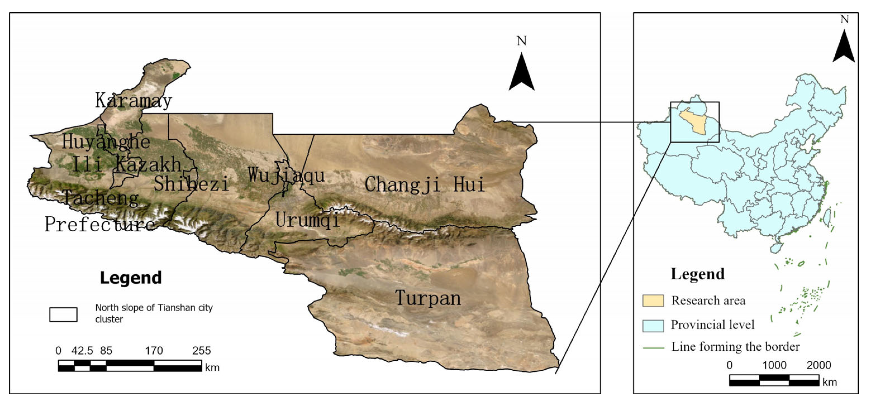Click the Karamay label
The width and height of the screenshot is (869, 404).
tap(133, 101)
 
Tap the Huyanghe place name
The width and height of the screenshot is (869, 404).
tap(106, 142)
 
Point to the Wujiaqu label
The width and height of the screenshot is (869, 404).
tap(286, 175)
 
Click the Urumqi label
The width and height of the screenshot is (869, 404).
tap(307, 220)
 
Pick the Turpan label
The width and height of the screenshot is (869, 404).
tap(428, 298)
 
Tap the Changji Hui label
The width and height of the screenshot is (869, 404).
tap(425, 185)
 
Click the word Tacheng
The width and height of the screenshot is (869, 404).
tap(101, 198)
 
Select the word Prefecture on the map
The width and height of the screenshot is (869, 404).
tap(100, 224)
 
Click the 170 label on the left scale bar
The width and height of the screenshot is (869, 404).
tap(154, 351)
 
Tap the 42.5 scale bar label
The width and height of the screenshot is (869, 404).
tap(82, 351)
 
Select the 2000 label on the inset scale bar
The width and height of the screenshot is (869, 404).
tap(819, 365)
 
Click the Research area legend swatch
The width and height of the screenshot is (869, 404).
tap(653, 300)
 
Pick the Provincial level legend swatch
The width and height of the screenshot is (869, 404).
tap(653, 325)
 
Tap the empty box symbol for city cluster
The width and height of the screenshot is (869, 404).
tap(63, 315)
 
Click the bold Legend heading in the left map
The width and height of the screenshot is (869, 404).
tap(131, 278)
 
